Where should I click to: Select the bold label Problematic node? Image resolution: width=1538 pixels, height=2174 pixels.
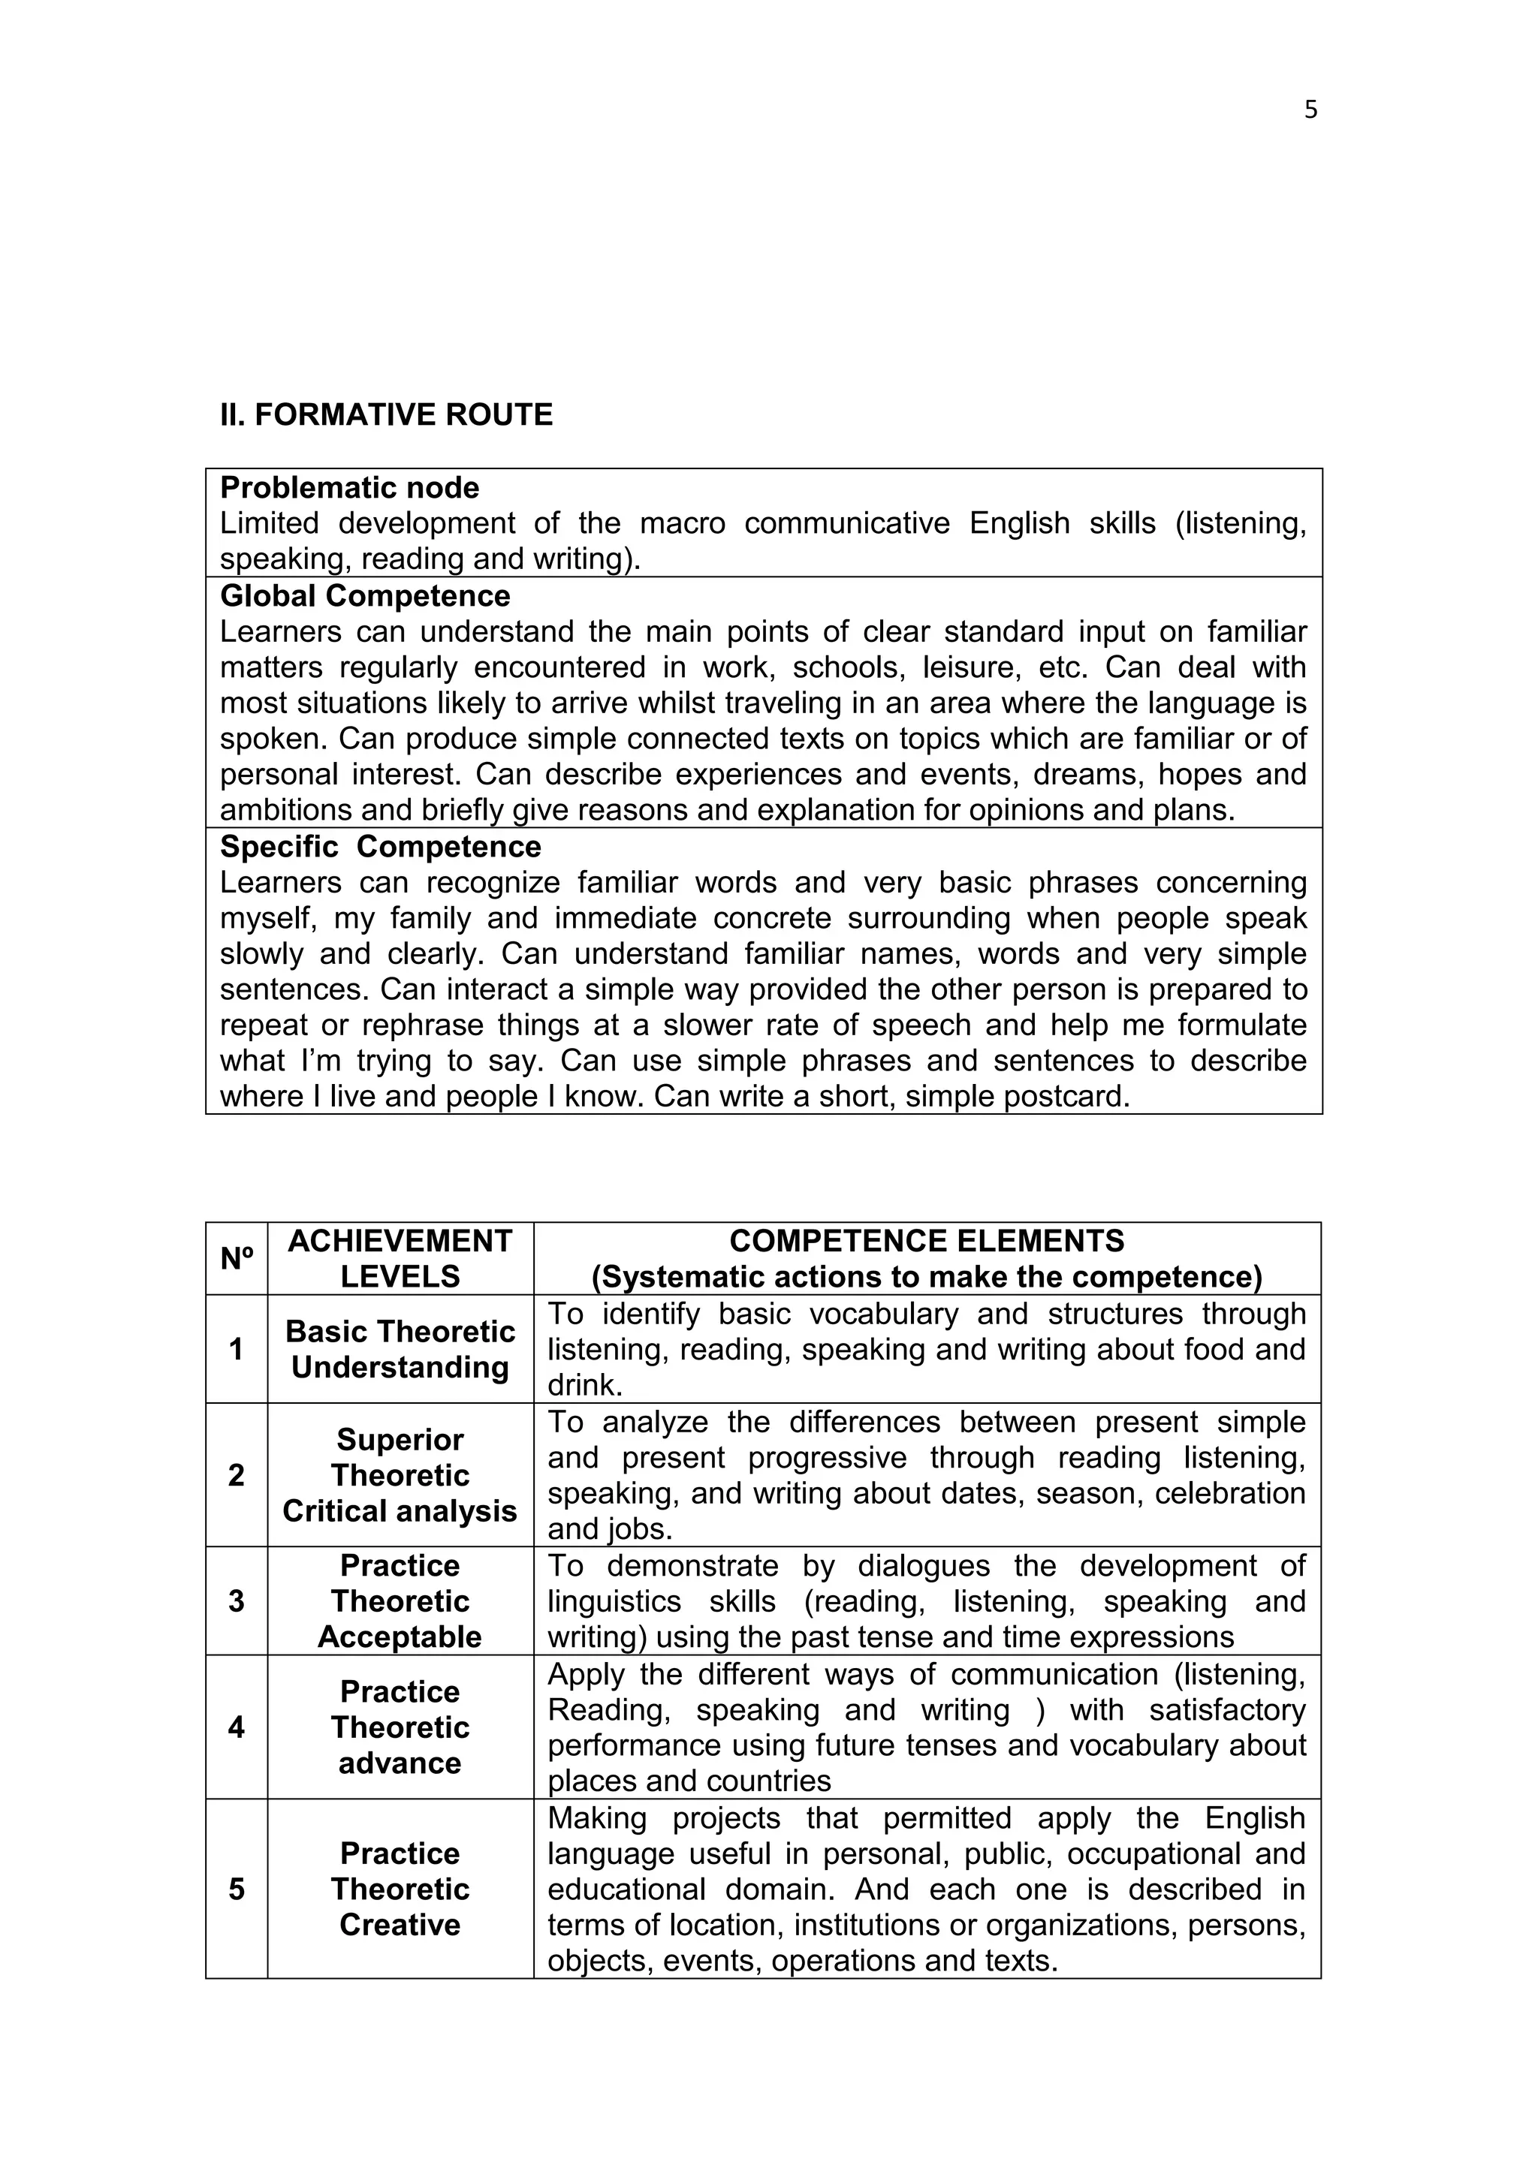coord(349,488)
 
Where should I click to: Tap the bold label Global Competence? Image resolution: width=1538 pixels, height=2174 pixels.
coord(365,595)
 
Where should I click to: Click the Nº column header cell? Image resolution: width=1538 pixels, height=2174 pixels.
coord(237,1258)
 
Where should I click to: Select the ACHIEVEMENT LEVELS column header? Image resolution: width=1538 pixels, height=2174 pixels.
coord(400,1258)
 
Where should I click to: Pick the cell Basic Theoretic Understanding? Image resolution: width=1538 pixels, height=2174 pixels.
coord(400,1349)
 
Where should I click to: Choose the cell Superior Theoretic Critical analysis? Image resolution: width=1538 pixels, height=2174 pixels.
coord(400,1475)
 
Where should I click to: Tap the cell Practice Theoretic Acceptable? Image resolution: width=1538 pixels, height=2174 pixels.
coord(400,1601)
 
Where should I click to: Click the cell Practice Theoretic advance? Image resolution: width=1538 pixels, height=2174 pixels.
coord(400,1727)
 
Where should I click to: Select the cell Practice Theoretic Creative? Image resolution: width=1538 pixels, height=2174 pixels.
coord(400,1889)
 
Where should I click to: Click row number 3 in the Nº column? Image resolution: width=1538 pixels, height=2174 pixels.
coord(237,1601)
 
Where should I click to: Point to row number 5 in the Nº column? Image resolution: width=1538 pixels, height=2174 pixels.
coord(237,1889)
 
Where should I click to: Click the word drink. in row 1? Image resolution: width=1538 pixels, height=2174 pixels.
coord(584,1385)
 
